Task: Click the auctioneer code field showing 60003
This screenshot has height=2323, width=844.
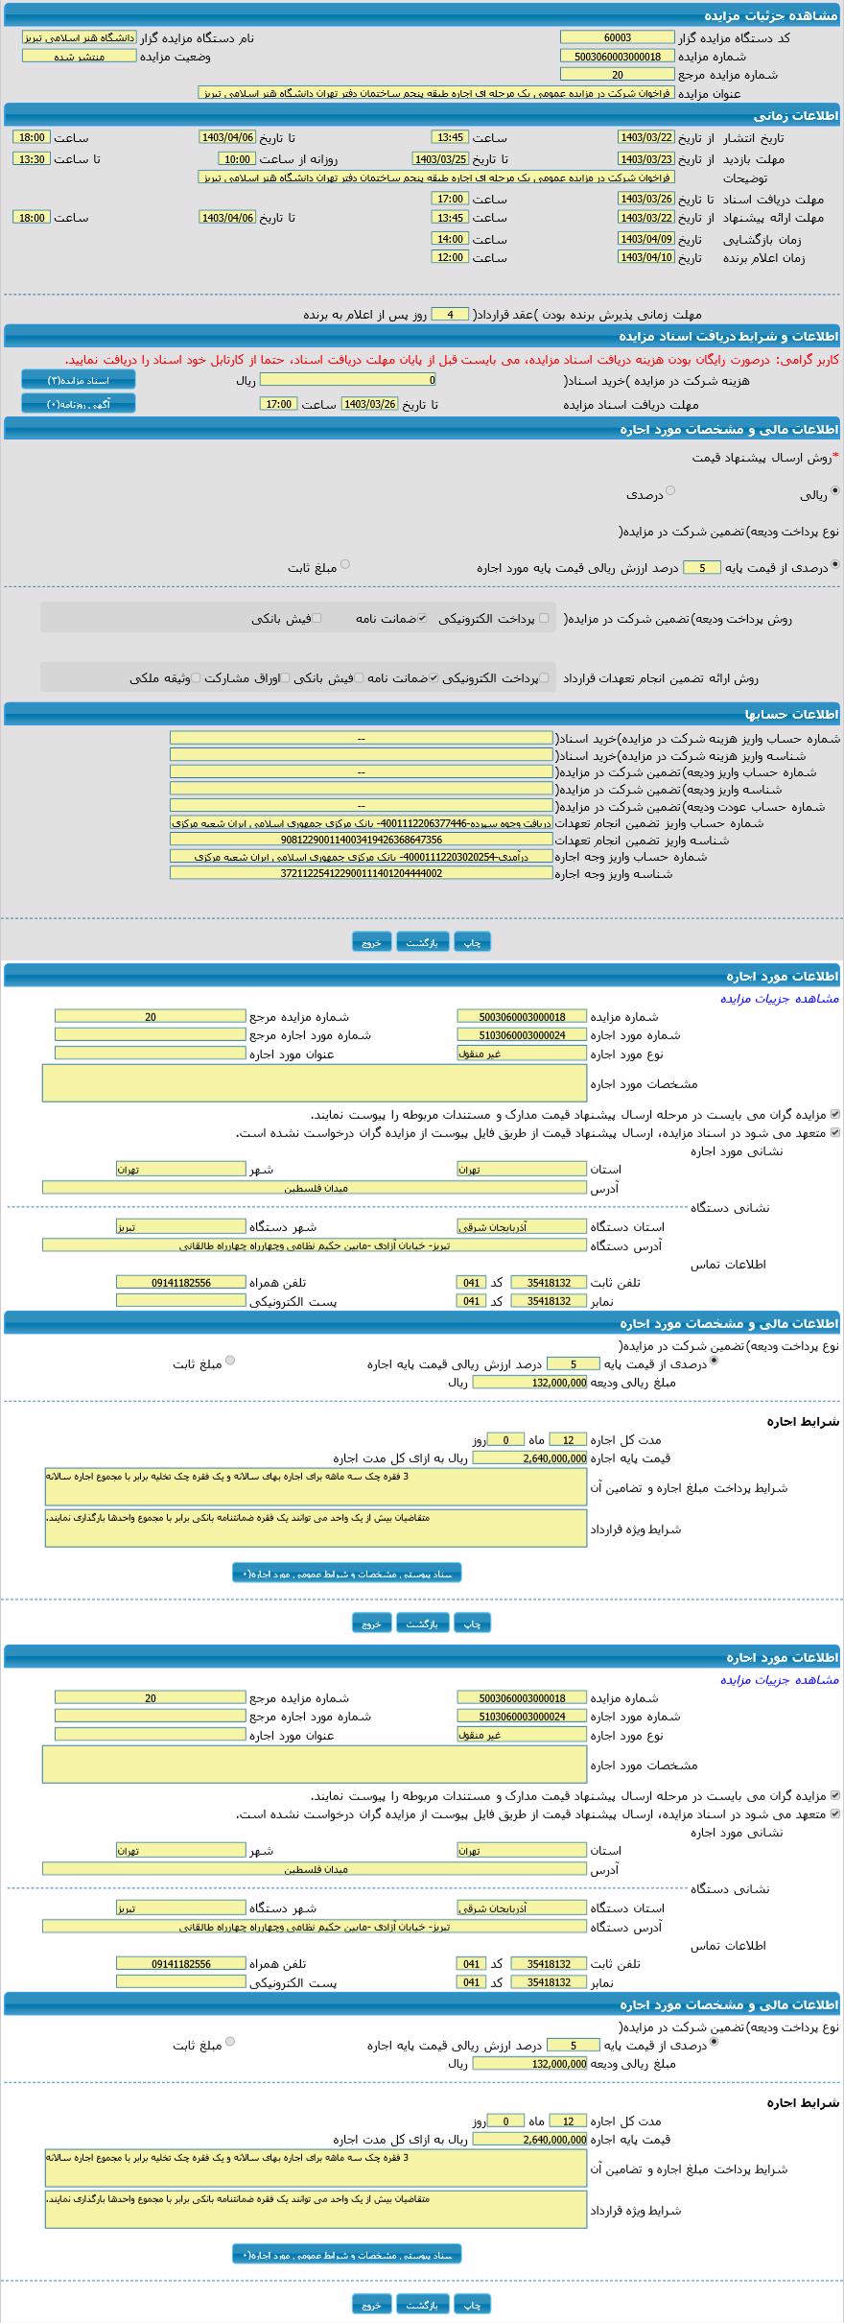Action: click(x=617, y=37)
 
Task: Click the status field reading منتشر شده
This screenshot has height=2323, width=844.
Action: click(x=79, y=56)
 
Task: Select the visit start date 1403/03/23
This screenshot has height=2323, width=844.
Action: click(x=645, y=159)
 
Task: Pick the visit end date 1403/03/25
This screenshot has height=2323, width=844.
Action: click(x=440, y=159)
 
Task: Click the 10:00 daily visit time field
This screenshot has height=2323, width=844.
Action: click(x=236, y=159)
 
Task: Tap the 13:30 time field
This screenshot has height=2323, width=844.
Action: click(x=32, y=159)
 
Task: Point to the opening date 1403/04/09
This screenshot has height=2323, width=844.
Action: click(x=645, y=239)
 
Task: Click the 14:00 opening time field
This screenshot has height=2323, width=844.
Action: click(x=450, y=239)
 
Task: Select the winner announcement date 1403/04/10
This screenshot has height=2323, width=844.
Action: click(x=645, y=257)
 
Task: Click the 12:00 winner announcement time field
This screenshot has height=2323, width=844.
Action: click(x=450, y=257)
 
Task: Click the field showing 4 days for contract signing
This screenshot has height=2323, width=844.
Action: click(x=450, y=314)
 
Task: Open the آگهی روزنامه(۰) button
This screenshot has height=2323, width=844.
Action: click(x=79, y=404)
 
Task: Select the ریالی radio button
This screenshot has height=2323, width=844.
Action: click(x=834, y=490)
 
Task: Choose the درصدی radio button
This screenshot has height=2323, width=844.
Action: click(x=670, y=490)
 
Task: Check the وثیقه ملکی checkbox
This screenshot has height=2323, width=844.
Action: click(x=196, y=678)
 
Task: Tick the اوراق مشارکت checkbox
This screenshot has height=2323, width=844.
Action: click(x=285, y=678)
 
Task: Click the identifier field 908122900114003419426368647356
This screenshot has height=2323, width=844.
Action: click(x=362, y=839)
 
